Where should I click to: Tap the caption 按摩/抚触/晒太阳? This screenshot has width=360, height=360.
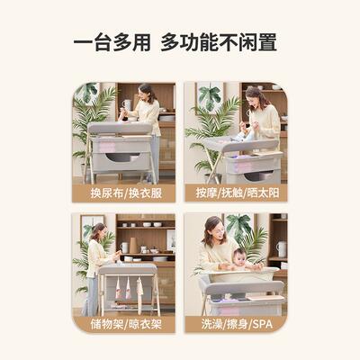pyautogui.click(x=236, y=192)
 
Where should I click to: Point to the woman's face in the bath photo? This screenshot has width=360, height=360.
pyautogui.click(x=214, y=228)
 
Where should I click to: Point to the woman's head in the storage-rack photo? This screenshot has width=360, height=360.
pyautogui.click(x=97, y=231)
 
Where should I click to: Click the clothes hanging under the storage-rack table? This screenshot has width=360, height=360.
pyautogui.click(x=126, y=288)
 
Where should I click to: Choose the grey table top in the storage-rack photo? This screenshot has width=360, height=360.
pyautogui.click(x=127, y=268)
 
